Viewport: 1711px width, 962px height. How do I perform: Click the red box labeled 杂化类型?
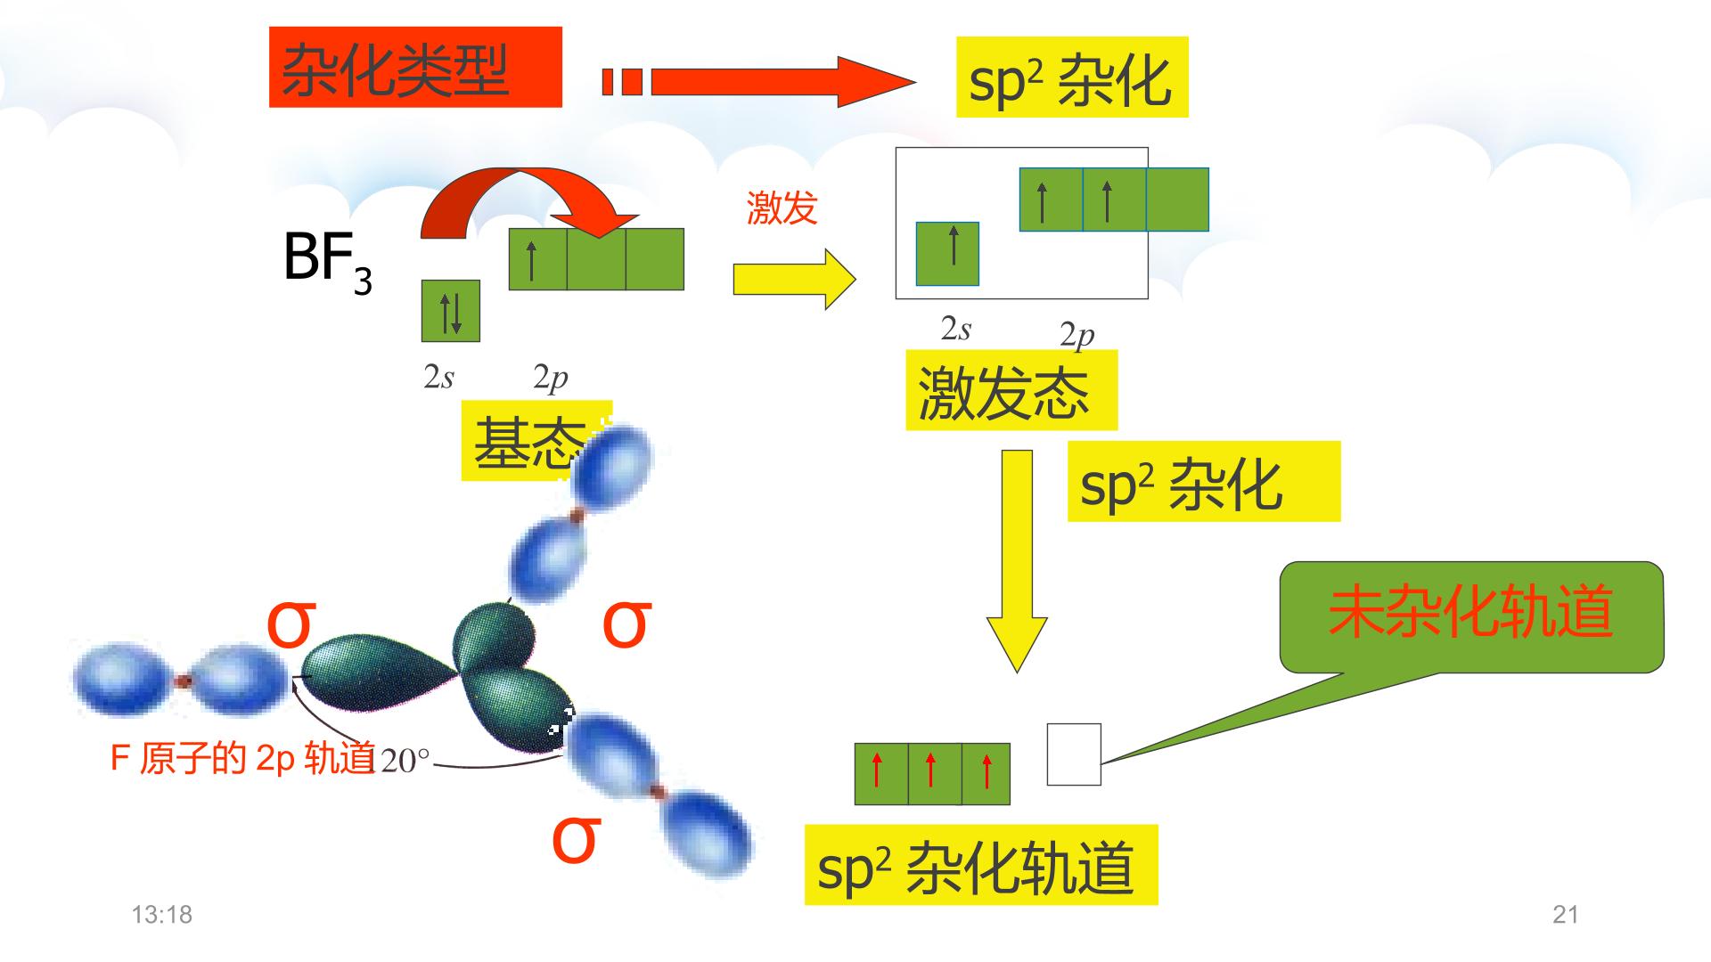tap(415, 67)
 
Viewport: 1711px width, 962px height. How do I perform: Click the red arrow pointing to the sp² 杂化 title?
tap(758, 82)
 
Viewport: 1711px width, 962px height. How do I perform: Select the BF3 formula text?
tap(327, 261)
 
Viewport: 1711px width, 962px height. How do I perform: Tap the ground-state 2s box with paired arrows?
tap(451, 311)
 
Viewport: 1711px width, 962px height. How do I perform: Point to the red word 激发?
tap(782, 208)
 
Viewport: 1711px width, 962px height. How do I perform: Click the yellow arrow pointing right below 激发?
tap(794, 279)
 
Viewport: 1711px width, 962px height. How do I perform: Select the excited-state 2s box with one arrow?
tap(948, 254)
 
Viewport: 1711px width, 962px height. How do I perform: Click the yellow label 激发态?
tap(1011, 390)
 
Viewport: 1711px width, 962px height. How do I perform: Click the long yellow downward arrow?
tap(1017, 560)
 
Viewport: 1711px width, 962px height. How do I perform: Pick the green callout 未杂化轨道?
tap(1471, 616)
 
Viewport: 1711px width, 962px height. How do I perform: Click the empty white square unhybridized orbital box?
tap(1074, 754)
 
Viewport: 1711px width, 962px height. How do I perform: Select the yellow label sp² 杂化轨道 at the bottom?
tap(981, 865)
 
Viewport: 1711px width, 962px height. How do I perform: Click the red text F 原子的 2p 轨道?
tap(242, 758)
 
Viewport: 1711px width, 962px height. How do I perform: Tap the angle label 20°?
tap(405, 762)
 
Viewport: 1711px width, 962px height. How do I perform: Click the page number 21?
tap(1566, 915)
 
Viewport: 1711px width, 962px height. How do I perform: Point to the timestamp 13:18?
tap(162, 915)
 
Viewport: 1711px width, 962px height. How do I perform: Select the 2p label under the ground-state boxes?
tap(551, 378)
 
